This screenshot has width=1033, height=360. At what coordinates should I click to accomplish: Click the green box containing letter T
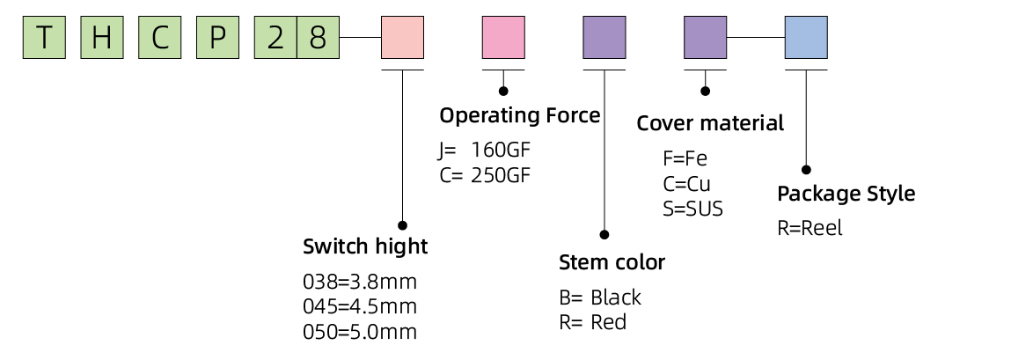(44, 38)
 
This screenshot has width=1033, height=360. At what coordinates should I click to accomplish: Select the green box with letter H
(101, 38)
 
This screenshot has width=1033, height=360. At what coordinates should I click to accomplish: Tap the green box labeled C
(159, 38)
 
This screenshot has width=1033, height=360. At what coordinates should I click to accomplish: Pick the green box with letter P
(216, 38)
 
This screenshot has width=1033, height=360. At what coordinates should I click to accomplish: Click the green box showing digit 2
(275, 38)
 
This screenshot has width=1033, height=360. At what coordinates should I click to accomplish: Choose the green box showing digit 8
(318, 38)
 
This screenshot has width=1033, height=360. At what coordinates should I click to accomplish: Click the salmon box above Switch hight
(402, 38)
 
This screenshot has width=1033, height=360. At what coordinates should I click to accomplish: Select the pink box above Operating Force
(503, 38)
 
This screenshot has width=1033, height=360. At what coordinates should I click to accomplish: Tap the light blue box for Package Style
(806, 38)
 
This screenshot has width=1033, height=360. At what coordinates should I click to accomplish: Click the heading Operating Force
(519, 115)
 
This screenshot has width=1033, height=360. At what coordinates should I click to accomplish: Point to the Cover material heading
(709, 123)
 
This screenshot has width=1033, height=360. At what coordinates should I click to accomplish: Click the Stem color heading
(612, 262)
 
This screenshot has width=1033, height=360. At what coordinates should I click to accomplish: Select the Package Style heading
(846, 194)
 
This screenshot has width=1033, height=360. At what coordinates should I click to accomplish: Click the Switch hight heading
(364, 246)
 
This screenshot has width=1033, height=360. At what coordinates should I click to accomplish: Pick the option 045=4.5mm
(359, 307)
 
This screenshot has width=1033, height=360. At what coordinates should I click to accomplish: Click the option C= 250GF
(485, 173)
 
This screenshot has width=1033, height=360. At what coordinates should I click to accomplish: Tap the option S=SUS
(692, 209)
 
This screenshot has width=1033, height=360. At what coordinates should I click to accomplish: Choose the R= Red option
(592, 322)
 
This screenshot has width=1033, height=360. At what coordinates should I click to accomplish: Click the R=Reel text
(810, 228)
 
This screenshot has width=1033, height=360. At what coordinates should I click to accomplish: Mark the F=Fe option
(684, 159)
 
